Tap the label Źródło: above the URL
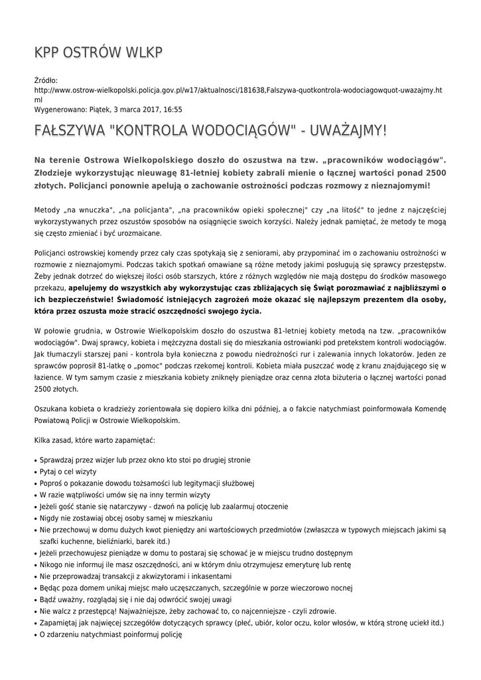46,80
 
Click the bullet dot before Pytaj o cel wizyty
35,472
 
